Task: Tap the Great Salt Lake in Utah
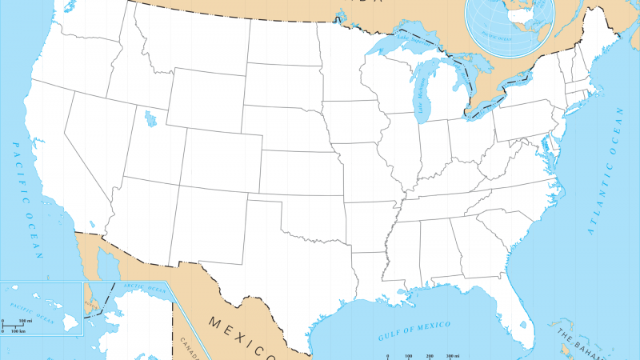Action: pyautogui.click(x=150, y=118)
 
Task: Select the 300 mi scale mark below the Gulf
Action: pyautogui.click(x=452, y=355)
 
